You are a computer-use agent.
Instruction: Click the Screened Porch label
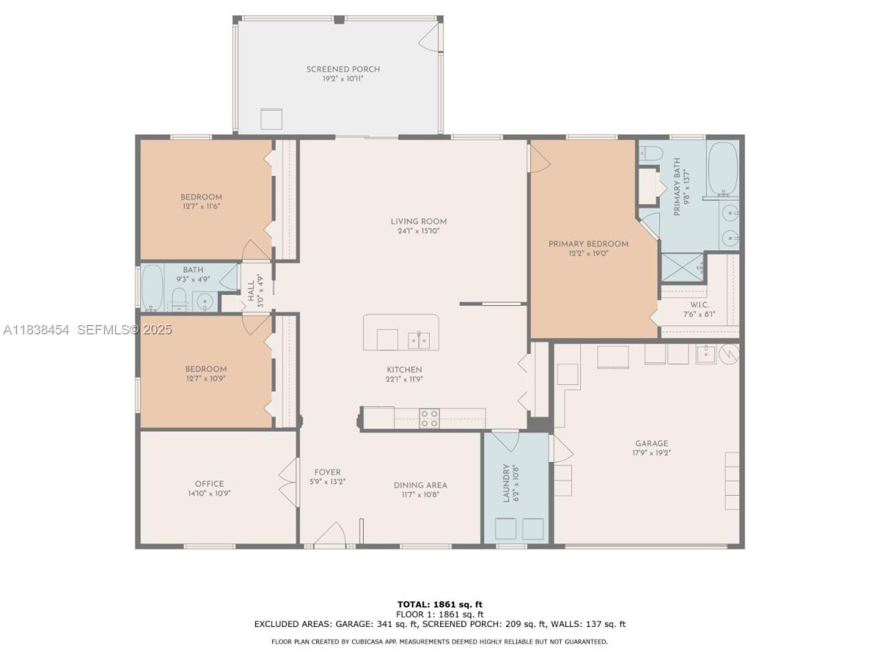342,69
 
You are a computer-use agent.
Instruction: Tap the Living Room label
418,221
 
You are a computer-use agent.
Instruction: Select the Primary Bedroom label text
588,243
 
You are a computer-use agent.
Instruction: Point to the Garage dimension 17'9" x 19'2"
651,453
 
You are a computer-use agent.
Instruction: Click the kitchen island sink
419,339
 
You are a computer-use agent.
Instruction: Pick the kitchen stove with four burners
430,418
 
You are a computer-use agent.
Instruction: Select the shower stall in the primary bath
683,269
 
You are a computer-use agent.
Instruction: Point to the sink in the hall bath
204,301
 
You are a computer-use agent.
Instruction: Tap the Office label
209,483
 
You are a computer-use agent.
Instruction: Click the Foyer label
327,472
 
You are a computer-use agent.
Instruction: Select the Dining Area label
420,485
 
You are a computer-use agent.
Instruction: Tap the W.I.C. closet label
699,305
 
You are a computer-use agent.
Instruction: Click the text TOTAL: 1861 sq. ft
439,604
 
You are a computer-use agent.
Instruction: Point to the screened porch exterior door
430,38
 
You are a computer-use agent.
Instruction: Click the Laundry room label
507,483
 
